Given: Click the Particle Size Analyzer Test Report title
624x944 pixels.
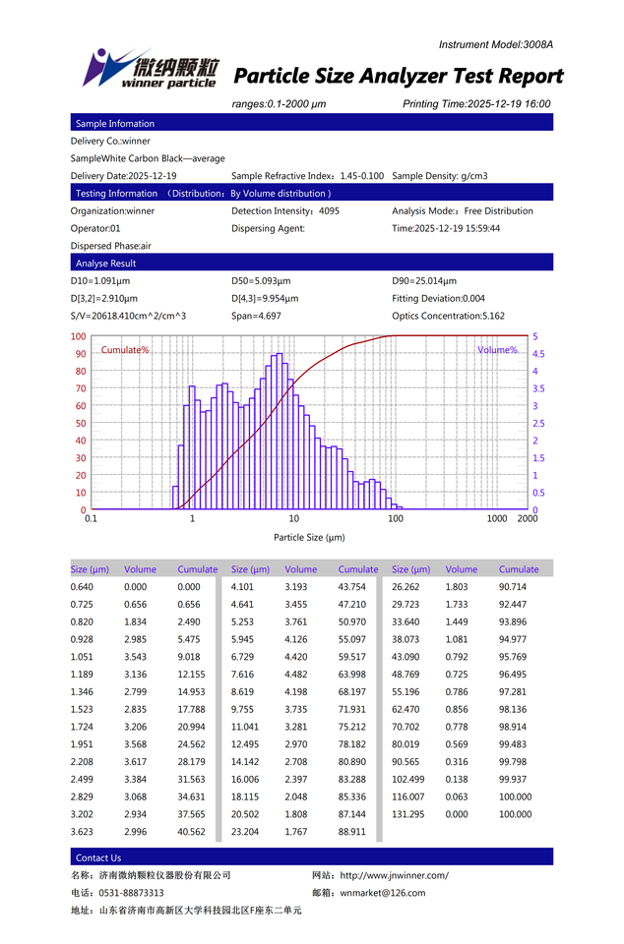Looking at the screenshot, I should pyautogui.click(x=398, y=77).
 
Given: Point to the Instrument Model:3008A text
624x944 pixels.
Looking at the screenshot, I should pyautogui.click(x=496, y=44).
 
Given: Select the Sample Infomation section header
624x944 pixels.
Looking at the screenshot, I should pyautogui.click(x=115, y=124).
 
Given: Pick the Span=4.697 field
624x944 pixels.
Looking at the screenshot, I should pyautogui.click(x=256, y=316).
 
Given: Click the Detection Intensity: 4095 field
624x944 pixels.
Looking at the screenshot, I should pyautogui.click(x=285, y=210).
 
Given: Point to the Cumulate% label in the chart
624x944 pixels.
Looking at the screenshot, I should pyautogui.click(x=125, y=350).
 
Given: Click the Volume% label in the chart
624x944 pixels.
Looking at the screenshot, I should pyautogui.click(x=497, y=350).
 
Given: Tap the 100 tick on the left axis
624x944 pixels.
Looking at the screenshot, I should pyautogui.click(x=79, y=336).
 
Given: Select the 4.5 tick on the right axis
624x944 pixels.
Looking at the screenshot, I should pyautogui.click(x=538, y=354).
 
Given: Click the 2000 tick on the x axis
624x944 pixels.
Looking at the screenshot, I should pyautogui.click(x=528, y=518).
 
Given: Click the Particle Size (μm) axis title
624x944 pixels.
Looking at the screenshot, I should pyautogui.click(x=309, y=537).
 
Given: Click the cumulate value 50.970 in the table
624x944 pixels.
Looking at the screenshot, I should pyautogui.click(x=351, y=621).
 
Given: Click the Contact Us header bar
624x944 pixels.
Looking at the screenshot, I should pyautogui.click(x=98, y=857).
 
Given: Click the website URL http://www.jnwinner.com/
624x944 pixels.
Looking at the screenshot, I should pyautogui.click(x=394, y=875).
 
